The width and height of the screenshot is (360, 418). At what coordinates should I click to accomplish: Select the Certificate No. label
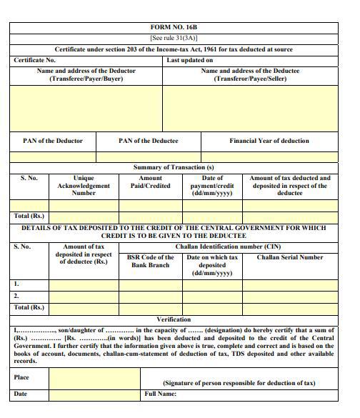(x=35, y=60)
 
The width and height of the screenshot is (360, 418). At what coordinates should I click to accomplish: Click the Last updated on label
(x=190, y=60)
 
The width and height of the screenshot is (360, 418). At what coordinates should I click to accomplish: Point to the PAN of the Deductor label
(x=53, y=141)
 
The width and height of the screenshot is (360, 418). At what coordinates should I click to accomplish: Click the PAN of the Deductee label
(x=148, y=141)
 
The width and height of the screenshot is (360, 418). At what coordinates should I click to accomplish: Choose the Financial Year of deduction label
(x=269, y=141)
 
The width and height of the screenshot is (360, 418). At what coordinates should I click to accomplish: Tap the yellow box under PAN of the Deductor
(x=53, y=157)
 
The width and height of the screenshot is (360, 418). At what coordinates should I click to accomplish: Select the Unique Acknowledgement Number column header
(x=84, y=186)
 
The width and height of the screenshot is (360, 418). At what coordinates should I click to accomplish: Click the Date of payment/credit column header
(x=212, y=186)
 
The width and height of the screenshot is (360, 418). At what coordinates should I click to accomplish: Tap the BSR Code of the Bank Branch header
(x=151, y=262)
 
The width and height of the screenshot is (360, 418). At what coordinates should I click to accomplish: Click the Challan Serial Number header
(x=290, y=257)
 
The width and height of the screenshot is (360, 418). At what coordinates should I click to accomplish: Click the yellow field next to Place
(x=94, y=378)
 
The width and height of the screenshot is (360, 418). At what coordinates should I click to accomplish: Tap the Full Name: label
(x=160, y=394)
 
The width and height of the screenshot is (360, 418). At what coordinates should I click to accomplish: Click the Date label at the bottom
(x=21, y=394)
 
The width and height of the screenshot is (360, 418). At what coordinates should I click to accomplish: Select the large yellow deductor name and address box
(x=86, y=108)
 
